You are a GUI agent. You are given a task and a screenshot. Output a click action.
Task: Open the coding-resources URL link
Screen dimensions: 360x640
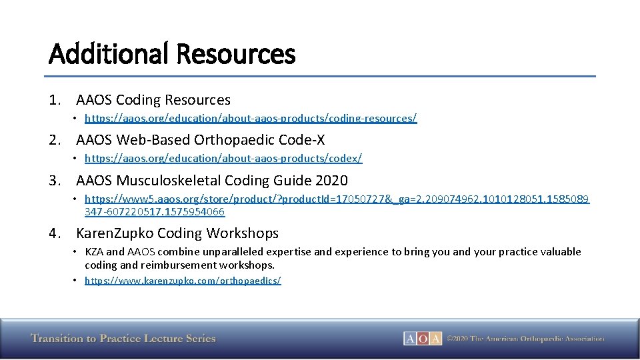coord(251,118)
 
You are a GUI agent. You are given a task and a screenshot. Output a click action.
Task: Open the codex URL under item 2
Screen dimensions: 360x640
coord(223,159)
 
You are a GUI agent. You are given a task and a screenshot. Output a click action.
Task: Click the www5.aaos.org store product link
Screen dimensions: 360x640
coord(337,199)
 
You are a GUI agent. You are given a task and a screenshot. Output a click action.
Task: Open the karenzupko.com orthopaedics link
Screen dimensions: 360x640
coord(183,281)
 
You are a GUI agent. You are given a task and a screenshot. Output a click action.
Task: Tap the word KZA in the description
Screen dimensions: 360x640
coord(94,252)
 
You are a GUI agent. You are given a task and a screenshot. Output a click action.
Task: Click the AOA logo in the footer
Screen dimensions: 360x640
coord(422,339)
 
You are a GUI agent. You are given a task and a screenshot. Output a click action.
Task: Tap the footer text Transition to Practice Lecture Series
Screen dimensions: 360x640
coord(123,339)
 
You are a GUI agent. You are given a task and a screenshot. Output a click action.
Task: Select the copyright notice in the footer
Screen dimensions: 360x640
coord(525,339)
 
